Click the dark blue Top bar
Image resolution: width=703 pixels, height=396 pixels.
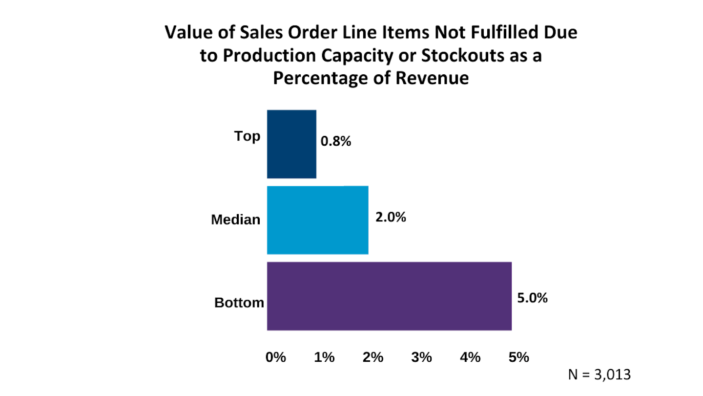coord(291,144)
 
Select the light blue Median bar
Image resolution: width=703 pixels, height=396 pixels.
coord(317,220)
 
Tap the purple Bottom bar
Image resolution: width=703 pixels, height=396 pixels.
coord(389,296)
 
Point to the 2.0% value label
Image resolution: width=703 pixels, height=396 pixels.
coord(391,218)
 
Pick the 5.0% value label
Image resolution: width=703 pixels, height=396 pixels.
coord(532,298)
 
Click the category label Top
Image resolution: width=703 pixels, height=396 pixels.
coord(248,136)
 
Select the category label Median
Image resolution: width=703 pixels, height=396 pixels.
coord(236,220)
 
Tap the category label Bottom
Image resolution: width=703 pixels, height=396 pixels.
coord(239,303)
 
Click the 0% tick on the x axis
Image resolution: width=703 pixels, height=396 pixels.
coord(275,357)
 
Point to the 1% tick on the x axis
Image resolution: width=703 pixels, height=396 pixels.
coord(324,357)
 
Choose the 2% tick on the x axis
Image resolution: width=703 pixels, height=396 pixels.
coord(373,357)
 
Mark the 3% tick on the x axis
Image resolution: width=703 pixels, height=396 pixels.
coord(422,357)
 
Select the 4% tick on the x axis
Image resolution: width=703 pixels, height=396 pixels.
coord(470,357)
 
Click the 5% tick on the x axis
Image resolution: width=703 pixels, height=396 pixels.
coord(519,357)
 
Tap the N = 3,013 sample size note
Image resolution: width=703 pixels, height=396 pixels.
coord(600,374)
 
